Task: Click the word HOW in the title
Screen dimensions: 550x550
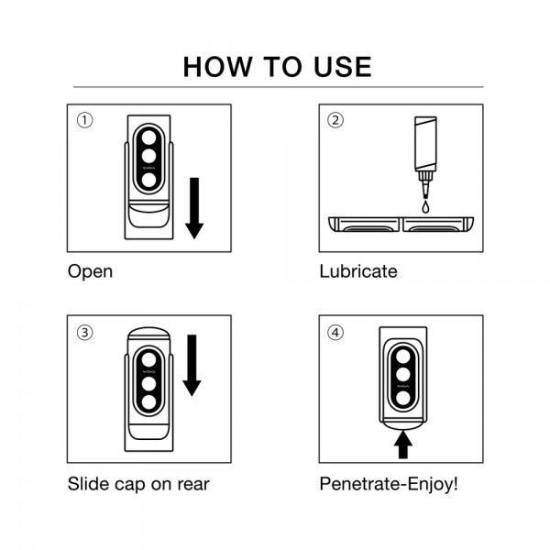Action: tap(217, 67)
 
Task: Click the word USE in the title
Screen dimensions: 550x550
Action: tap(343, 67)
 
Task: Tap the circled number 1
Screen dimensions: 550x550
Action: tap(84, 120)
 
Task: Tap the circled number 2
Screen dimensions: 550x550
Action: tap(335, 120)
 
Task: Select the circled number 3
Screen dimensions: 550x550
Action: tap(84, 332)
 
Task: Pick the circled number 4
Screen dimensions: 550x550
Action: tap(335, 332)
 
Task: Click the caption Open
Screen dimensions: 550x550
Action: tap(90, 272)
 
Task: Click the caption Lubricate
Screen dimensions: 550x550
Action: tap(358, 271)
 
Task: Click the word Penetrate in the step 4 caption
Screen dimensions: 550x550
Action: tap(359, 484)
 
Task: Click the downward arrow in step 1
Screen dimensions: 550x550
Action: tap(194, 208)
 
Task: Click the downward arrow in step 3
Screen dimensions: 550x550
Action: tap(192, 366)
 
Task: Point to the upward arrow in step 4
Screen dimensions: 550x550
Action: tap(403, 445)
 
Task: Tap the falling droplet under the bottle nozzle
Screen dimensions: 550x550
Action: tap(425, 207)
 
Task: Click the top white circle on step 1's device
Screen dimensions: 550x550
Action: tap(148, 137)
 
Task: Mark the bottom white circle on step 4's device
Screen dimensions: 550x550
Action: tap(403, 398)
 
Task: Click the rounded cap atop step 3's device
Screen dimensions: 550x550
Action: tap(148, 334)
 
